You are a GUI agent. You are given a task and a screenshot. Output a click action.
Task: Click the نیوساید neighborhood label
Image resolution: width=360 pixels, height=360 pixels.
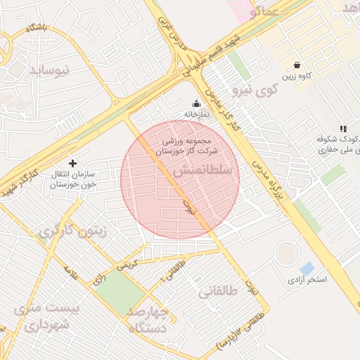click(x=50, y=70)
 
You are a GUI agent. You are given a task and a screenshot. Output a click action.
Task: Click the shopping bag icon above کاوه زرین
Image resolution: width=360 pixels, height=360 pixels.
click(x=297, y=65)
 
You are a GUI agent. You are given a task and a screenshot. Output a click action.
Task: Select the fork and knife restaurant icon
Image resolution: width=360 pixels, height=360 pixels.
click(x=342, y=129)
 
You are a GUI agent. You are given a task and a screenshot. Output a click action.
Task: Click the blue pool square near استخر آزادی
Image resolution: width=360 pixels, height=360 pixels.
click(x=307, y=268)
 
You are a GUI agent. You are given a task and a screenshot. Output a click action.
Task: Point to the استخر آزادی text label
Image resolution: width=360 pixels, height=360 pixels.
click(x=307, y=280)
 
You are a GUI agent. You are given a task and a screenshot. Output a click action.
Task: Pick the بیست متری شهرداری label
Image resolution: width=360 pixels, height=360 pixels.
click(x=49, y=317)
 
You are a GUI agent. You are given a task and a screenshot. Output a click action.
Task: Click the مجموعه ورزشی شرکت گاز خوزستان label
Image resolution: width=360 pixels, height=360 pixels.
click(x=187, y=146)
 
